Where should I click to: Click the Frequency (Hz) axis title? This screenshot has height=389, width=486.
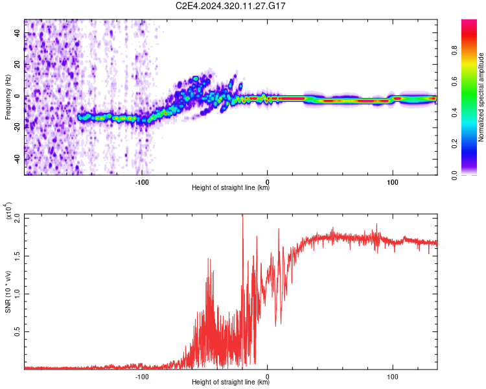[8, 97]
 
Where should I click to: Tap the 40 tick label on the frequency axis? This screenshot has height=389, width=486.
[17, 34]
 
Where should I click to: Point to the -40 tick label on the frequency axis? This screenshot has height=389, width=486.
[16, 159]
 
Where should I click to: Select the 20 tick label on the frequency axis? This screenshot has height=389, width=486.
[17, 65]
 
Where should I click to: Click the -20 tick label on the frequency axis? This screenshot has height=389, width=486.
[16, 128]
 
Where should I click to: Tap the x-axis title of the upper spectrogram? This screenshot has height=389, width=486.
[231, 188]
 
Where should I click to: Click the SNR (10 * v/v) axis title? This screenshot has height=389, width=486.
[8, 291]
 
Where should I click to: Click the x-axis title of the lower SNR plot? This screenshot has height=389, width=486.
[231, 383]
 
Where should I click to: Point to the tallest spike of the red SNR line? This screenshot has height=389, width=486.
[242, 216]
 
